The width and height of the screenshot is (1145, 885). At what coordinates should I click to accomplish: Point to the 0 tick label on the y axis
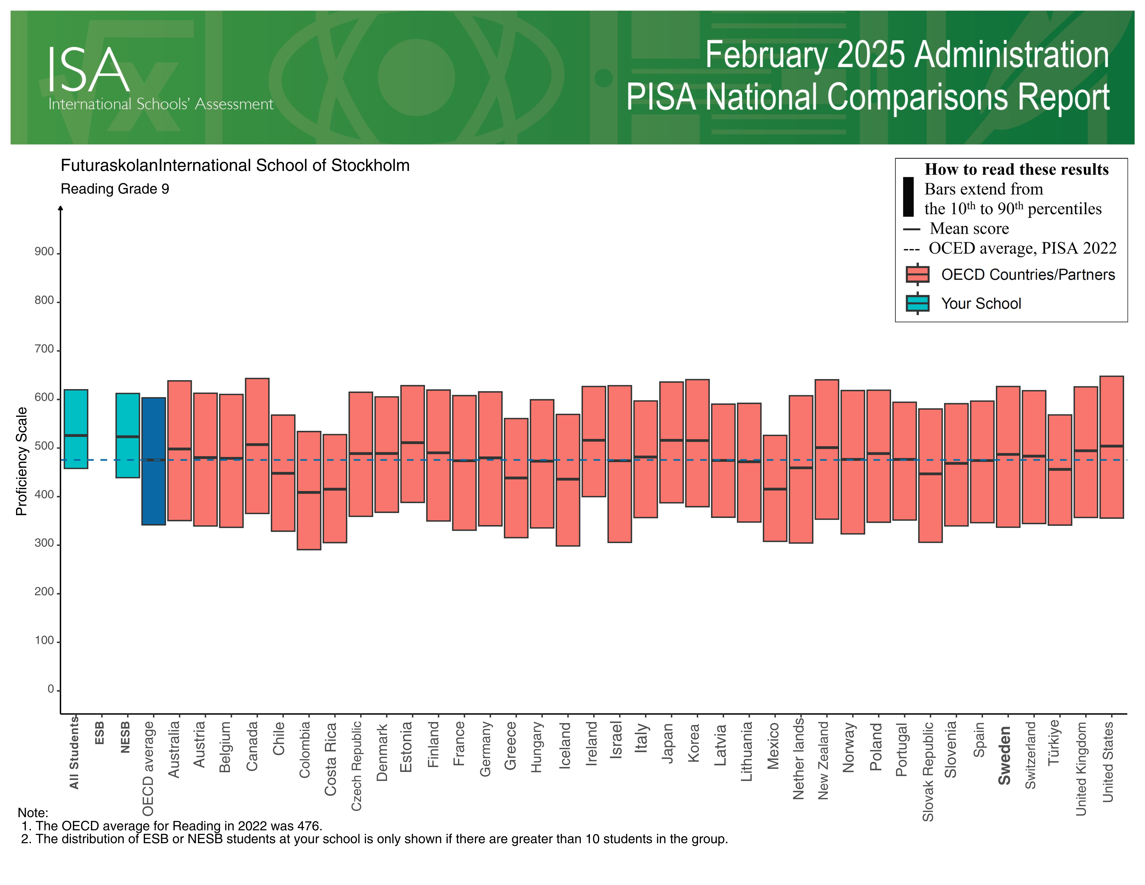pos(51,689)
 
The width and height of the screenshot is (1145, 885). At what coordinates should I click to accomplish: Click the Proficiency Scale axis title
pos(21,461)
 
